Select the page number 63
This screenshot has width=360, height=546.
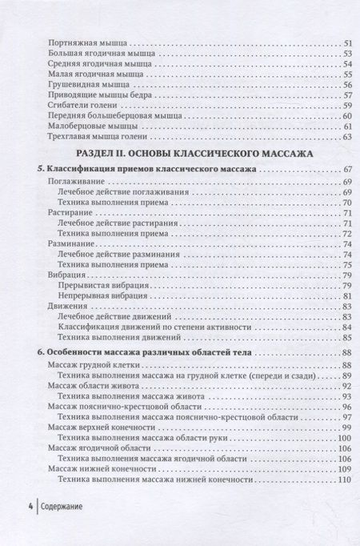point(347,136)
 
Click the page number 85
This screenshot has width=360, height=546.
point(347,327)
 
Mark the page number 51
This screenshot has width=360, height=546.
point(347,42)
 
